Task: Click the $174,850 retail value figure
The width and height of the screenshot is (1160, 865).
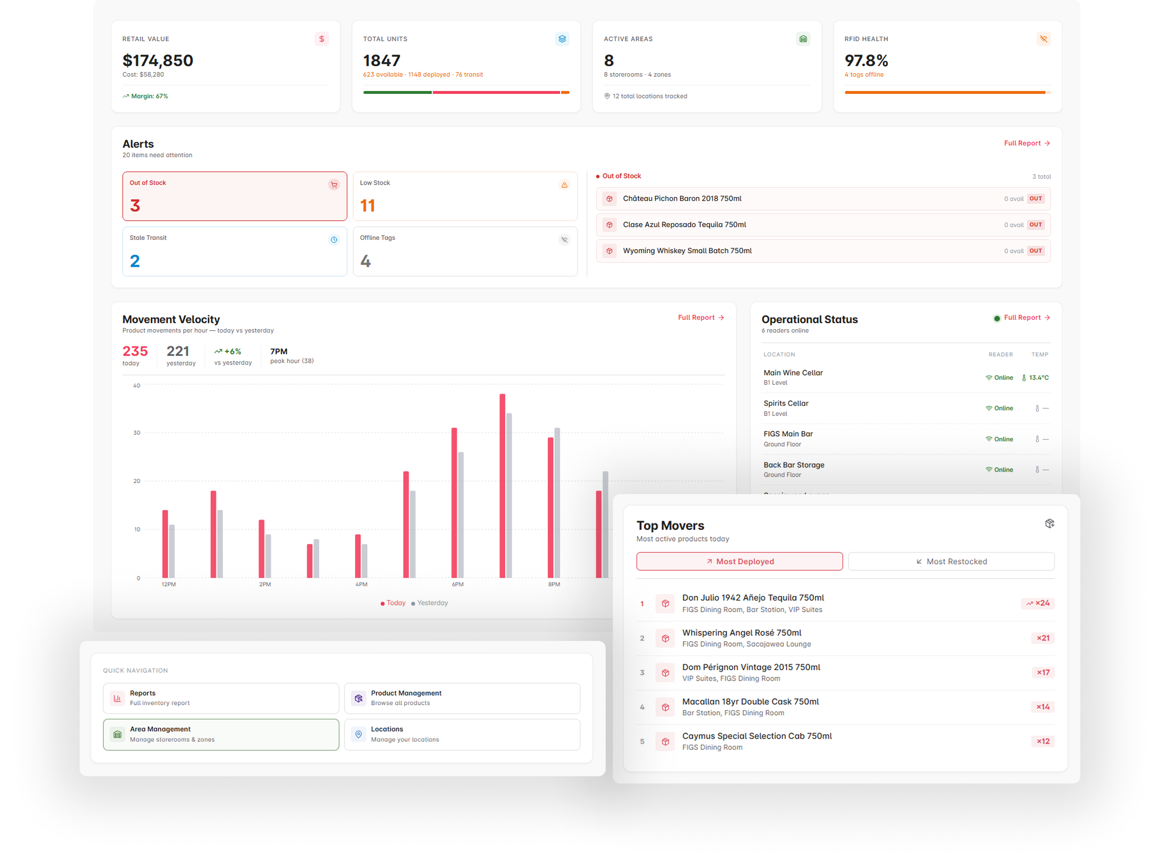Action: pos(157,61)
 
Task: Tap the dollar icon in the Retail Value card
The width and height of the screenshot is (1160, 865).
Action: pos(322,39)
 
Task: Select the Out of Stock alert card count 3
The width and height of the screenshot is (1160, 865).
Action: pos(135,205)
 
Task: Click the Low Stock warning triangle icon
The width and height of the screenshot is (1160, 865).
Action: pos(564,185)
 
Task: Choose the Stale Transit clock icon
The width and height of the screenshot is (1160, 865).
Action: pos(334,240)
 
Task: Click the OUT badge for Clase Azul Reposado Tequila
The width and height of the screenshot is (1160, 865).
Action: pos(1035,225)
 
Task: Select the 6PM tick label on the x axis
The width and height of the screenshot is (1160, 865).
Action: pos(457,584)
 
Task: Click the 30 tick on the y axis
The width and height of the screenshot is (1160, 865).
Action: pos(137,433)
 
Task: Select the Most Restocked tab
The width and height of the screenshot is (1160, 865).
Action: pos(951,561)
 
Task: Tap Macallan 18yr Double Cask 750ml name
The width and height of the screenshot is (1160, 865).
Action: pos(750,701)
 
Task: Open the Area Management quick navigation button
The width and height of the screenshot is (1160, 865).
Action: pos(220,734)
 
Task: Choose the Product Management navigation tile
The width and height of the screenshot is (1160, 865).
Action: pos(461,698)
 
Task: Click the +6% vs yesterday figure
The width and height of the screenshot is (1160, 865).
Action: pos(228,351)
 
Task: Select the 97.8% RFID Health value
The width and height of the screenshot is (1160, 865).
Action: pos(866,61)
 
